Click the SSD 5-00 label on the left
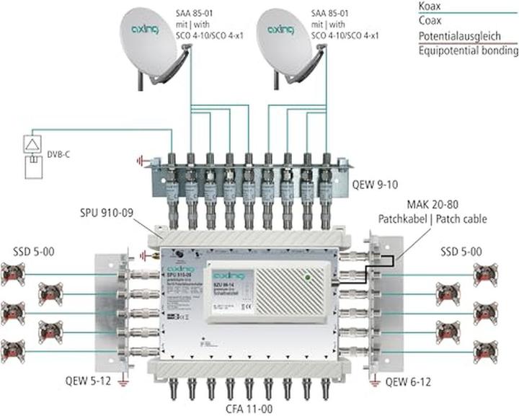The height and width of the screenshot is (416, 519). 32,252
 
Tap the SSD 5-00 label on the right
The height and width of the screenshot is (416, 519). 464,252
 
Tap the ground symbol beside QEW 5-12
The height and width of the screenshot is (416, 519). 124,376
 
